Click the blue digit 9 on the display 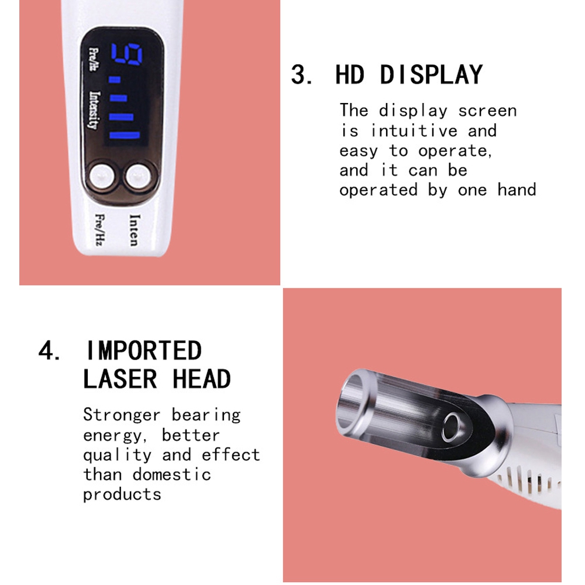point(127,54)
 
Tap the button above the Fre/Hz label point(102,176)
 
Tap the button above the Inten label point(139,176)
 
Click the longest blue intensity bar point(124,135)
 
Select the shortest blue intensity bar point(114,80)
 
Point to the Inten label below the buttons point(133,230)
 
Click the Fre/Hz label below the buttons point(99,229)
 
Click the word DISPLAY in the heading point(431,75)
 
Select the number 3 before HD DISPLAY point(298,75)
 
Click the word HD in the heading point(350,75)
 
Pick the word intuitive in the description point(414,130)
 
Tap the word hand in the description point(517,190)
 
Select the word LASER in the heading point(120,379)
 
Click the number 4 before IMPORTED point(46,350)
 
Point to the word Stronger point(122,415)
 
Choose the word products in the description point(122,495)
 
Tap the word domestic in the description point(171,474)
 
